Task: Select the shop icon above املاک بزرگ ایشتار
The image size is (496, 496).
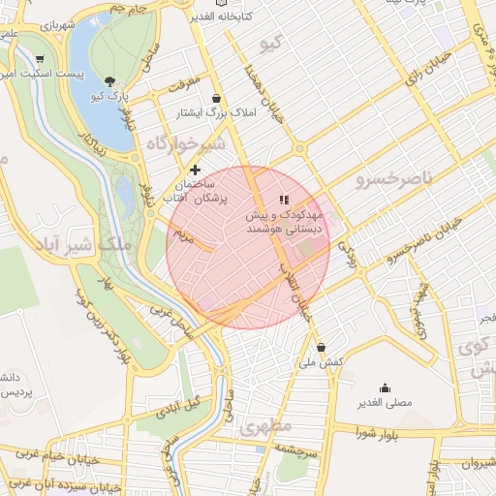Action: point(215,98)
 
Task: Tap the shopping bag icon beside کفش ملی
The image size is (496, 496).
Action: point(321,348)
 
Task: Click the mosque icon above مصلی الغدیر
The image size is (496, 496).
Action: point(386,387)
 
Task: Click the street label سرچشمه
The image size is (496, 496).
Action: point(291,450)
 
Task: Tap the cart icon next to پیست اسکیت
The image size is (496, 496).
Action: point(38,59)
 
